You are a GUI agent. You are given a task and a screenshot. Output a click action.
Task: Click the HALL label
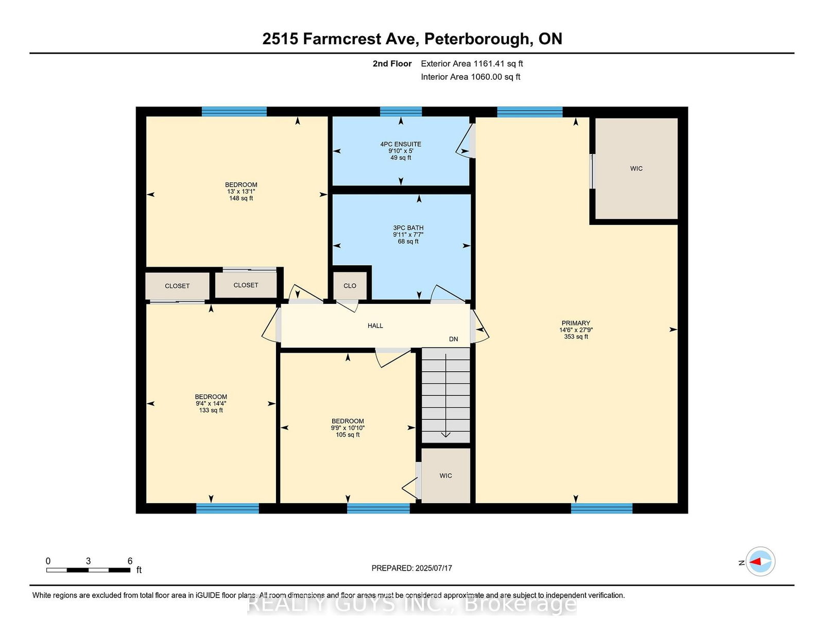pyautogui.click(x=375, y=325)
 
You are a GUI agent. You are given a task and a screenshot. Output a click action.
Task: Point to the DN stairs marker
pyautogui.click(x=454, y=339)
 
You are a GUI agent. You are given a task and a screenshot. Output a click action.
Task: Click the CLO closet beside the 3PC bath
pyautogui.click(x=350, y=286)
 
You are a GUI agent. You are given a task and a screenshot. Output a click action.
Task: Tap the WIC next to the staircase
pyautogui.click(x=445, y=476)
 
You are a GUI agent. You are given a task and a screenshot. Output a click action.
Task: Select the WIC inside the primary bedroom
pyautogui.click(x=636, y=168)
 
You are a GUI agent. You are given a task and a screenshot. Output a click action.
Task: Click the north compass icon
pyautogui.click(x=760, y=561)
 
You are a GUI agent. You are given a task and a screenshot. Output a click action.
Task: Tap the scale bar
pyautogui.click(x=89, y=570)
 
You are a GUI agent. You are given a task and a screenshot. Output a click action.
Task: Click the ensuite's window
pyautogui.click(x=401, y=111)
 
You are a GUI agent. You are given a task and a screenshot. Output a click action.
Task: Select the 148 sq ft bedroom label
pyautogui.click(x=241, y=192)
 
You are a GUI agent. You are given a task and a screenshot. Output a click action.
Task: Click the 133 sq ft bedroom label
pyautogui.click(x=211, y=403)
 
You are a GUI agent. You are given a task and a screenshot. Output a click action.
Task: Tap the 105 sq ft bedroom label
pyautogui.click(x=348, y=428)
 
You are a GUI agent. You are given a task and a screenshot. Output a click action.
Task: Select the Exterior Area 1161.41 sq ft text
pyautogui.click(x=472, y=64)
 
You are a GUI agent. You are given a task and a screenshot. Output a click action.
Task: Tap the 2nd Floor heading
pyautogui.click(x=392, y=64)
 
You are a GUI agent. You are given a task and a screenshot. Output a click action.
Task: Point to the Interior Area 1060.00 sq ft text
pyautogui.click(x=471, y=77)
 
